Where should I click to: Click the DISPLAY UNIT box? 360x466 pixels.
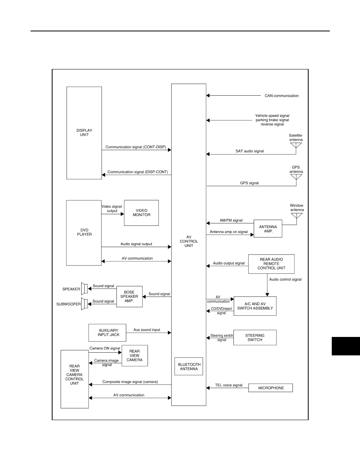[x=84, y=133]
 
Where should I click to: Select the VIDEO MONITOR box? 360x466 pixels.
[x=142, y=213]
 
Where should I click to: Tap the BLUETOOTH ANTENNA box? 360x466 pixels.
[x=189, y=366]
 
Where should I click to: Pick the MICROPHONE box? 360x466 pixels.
[x=271, y=388]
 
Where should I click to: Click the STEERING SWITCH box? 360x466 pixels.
[x=255, y=338]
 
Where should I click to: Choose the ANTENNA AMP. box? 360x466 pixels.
[x=268, y=229]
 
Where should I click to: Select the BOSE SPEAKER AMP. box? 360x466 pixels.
[x=129, y=297]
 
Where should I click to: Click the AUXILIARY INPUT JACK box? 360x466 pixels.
[x=107, y=333]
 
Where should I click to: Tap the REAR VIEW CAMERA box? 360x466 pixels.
[x=135, y=356]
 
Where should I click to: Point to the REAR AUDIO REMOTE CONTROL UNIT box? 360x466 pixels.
[x=271, y=264]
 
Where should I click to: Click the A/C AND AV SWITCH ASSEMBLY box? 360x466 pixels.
[x=255, y=306]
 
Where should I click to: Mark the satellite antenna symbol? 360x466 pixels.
[x=296, y=145]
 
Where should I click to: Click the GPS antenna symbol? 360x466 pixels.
[x=296, y=177]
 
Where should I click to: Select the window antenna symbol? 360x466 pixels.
[x=297, y=215]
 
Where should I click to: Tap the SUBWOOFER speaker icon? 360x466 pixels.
[x=84, y=304]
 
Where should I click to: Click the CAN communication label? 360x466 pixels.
[x=282, y=96]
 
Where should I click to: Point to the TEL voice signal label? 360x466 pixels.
[x=229, y=385]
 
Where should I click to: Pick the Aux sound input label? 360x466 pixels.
[x=147, y=330]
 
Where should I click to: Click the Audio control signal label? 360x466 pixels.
[x=285, y=279]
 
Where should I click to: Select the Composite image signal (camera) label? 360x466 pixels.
[x=130, y=382]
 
